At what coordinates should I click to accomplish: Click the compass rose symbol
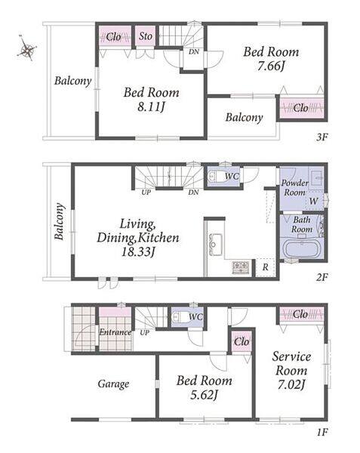coord(27,48)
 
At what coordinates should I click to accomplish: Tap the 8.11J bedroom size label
coord(151,107)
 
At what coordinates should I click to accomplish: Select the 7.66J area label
coord(271,66)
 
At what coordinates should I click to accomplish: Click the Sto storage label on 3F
coord(146,36)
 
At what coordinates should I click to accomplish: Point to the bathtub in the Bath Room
coord(302,248)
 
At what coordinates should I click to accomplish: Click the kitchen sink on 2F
coord(215,245)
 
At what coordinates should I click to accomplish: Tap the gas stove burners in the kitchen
coord(241,267)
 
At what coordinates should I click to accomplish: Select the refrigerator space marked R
coord(266,267)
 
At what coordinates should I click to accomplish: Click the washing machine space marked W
coord(314,201)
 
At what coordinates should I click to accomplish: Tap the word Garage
coord(113,384)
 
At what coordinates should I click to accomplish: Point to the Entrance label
coord(115,332)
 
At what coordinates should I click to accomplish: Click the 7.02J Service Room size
coord(291,385)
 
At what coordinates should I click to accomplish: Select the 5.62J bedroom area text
coord(204,395)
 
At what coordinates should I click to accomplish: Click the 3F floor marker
coord(322,137)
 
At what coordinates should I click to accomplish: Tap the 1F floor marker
coord(322,433)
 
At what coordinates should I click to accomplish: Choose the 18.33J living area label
coord(137,252)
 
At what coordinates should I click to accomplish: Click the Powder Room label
coord(295,187)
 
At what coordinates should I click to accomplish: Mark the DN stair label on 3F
coord(194,52)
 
